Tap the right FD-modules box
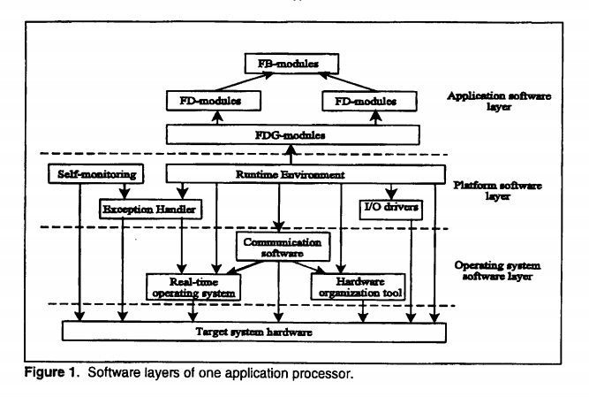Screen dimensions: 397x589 [x=364, y=102]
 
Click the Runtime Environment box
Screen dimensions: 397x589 [x=278, y=175]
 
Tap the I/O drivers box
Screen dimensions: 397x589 [x=389, y=210]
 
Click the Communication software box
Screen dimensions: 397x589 [x=279, y=247]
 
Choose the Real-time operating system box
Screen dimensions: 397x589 [x=190, y=285]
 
